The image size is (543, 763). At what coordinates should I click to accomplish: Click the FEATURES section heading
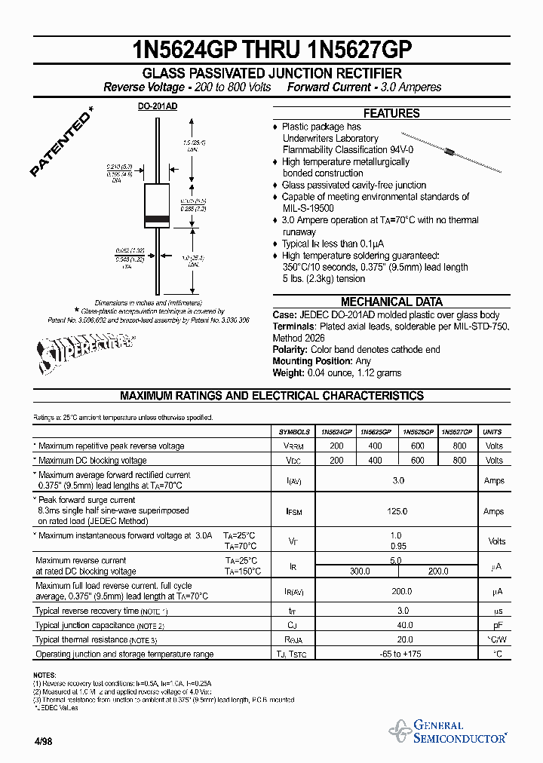pyautogui.click(x=391, y=113)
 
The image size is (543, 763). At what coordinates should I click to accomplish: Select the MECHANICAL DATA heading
pyautogui.click(x=391, y=302)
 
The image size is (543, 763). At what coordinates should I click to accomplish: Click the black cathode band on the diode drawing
pyautogui.click(x=157, y=219)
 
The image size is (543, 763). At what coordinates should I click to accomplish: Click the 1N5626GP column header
pyautogui.click(x=417, y=432)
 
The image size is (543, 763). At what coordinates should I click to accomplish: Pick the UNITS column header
pyautogui.click(x=492, y=432)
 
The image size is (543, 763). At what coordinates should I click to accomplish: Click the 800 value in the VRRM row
pyautogui.click(x=459, y=446)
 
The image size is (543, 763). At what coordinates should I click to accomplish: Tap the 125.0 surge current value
pyautogui.click(x=398, y=511)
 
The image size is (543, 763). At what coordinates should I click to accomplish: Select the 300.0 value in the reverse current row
pyautogui.click(x=360, y=571)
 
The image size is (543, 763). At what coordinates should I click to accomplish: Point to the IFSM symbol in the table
pyautogui.click(x=294, y=511)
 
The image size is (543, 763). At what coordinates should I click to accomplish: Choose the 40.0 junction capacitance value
pyautogui.click(x=404, y=625)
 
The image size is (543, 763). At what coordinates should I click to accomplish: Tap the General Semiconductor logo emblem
pyautogui.click(x=399, y=731)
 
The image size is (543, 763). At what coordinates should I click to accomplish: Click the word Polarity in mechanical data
pyautogui.click(x=290, y=350)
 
